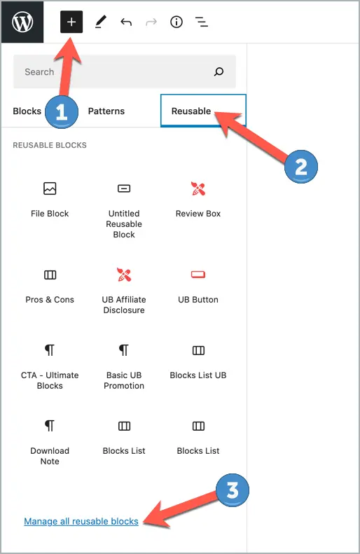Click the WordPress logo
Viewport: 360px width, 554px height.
point(22,22)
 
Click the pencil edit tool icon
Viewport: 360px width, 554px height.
point(100,22)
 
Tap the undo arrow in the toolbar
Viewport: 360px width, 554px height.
point(126,22)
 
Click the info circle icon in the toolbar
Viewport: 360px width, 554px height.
point(176,22)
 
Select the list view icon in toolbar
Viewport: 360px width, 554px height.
point(202,22)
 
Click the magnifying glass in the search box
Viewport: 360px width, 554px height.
point(219,71)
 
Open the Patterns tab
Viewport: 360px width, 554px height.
point(106,111)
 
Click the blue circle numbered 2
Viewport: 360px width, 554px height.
point(300,167)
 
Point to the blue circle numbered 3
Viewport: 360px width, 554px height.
point(233,490)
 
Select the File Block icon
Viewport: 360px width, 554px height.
point(50,188)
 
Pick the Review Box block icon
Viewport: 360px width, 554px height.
point(198,188)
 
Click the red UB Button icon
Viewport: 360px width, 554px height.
point(198,275)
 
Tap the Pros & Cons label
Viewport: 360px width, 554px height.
point(50,300)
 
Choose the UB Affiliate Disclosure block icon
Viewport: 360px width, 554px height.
point(124,275)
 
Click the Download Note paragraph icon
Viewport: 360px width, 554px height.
point(50,426)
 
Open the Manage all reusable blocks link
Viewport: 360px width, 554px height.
point(81,521)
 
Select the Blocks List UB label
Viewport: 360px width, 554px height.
point(198,375)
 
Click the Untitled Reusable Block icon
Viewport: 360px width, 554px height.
point(124,188)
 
